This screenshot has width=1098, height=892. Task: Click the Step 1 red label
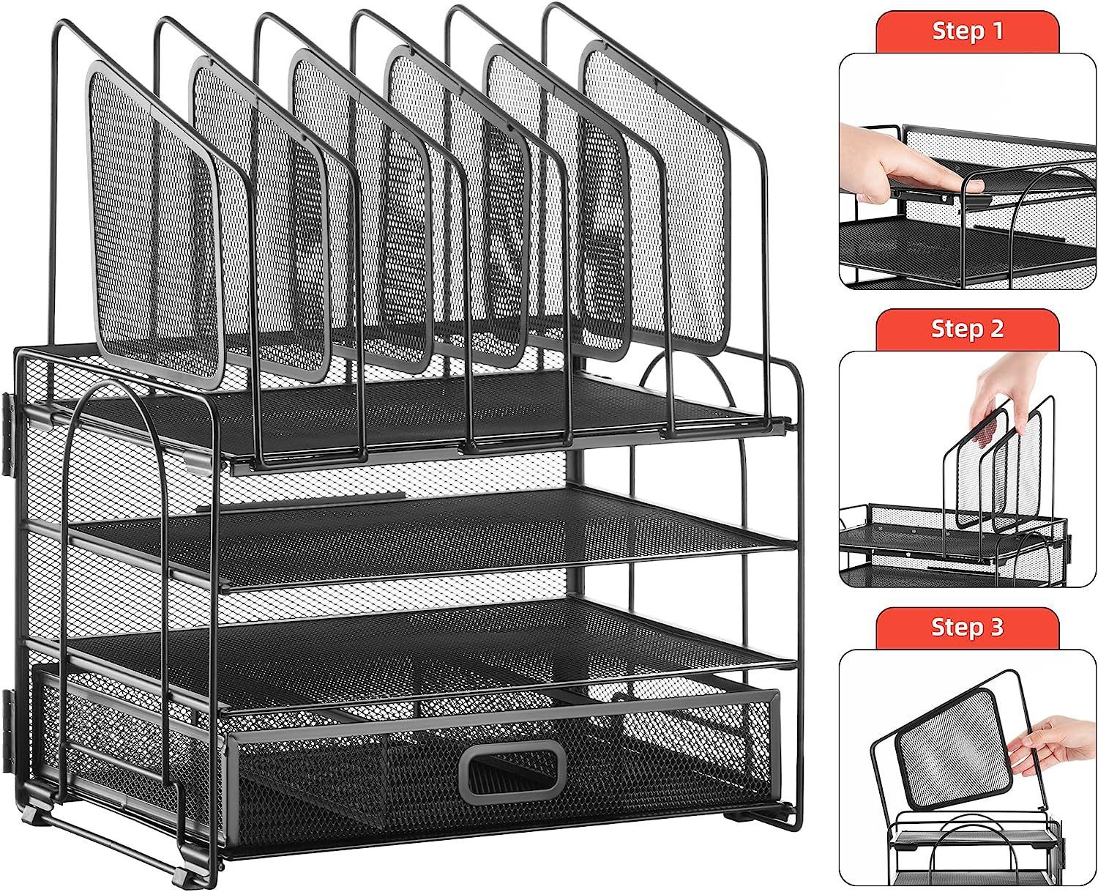pos(967,31)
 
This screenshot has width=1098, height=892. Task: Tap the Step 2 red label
pos(967,329)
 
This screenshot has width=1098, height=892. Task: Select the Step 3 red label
pos(967,627)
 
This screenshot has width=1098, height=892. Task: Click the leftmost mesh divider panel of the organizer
pos(154,227)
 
